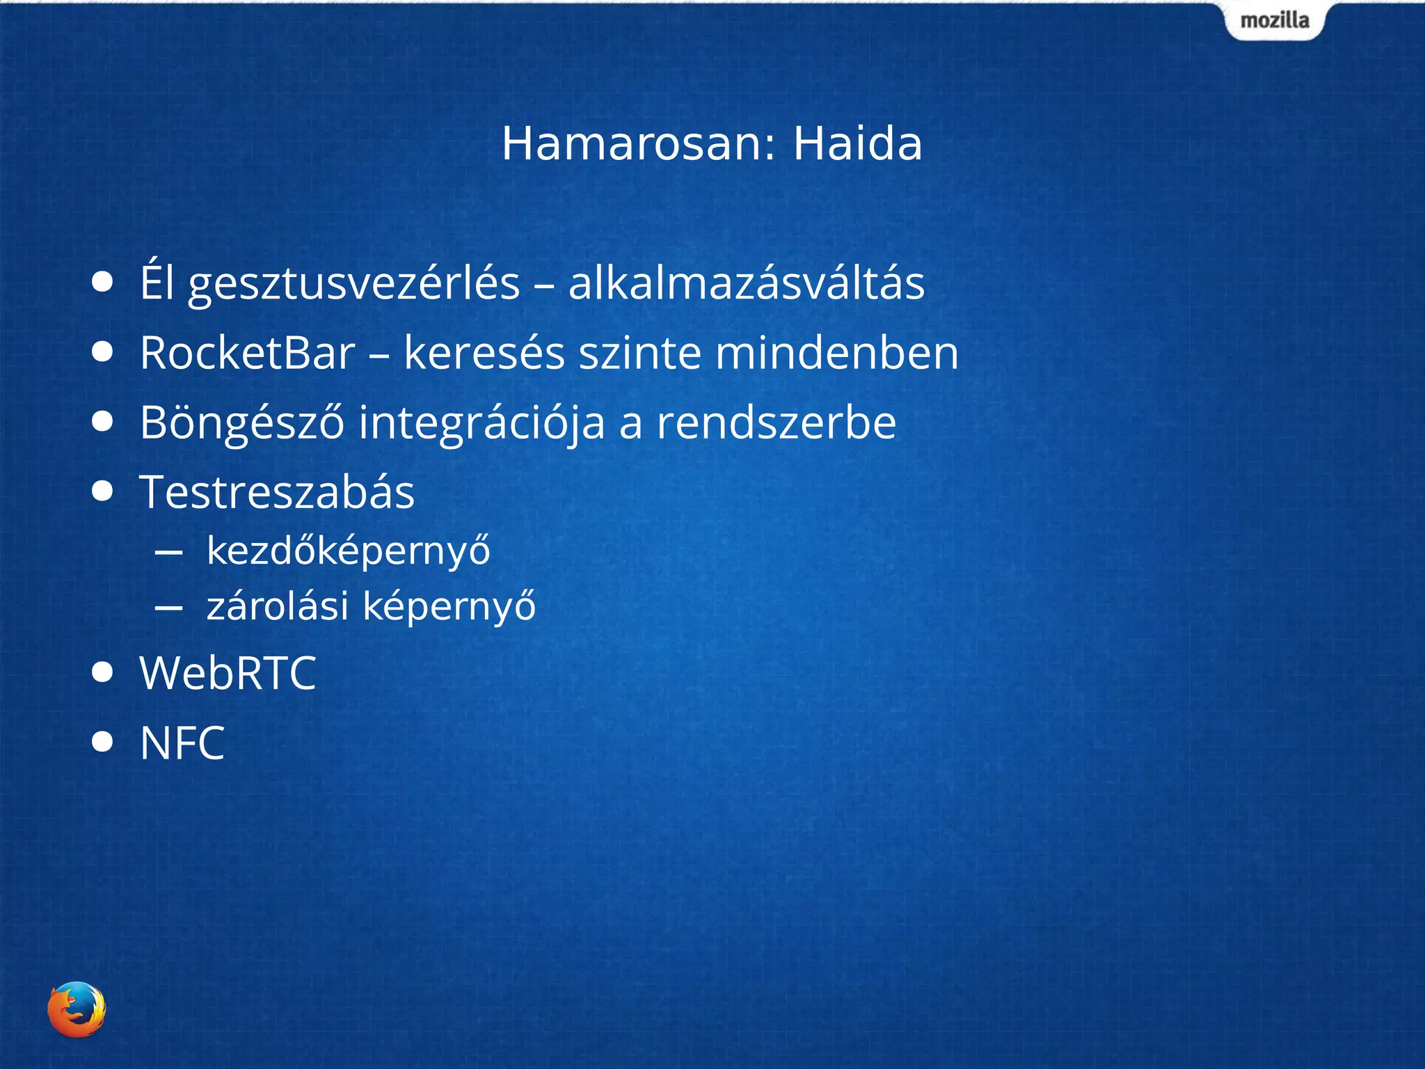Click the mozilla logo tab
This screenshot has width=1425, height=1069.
1275,20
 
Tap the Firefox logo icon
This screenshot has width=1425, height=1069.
77,1009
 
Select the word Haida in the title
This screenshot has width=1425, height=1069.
857,143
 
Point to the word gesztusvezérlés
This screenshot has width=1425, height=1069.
354,284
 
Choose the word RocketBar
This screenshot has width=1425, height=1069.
248,353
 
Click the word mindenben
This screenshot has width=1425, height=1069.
837,353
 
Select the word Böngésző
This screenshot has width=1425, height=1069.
242,423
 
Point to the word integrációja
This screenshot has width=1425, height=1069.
481,423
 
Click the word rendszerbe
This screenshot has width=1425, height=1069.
777,422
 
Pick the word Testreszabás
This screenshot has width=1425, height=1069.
277,492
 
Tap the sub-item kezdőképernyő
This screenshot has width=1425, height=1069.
349,551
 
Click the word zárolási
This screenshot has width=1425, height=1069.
277,605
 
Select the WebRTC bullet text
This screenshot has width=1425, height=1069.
228,673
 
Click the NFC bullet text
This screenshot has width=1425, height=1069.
182,743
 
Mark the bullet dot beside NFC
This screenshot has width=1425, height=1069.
102,742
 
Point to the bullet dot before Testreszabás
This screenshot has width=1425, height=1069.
102,491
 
